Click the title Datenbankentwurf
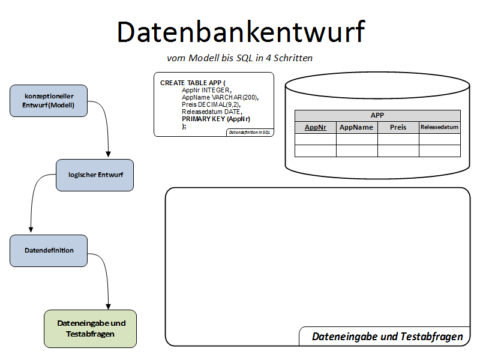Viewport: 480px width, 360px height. [x=240, y=32]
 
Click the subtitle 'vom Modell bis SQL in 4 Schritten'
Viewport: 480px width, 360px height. [x=239, y=58]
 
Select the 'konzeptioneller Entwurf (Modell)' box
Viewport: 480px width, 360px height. [x=49, y=100]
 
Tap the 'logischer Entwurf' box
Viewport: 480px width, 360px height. [x=95, y=175]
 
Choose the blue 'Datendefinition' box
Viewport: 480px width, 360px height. [x=49, y=250]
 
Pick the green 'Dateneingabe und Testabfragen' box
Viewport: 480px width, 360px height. [x=91, y=328]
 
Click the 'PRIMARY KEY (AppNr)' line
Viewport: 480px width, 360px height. [x=215, y=119]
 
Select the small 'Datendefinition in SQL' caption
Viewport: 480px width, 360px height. [x=250, y=132]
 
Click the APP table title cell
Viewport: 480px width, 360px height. [x=377, y=115]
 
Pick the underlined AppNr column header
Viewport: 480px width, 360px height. [x=316, y=127]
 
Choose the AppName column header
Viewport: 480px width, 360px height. [x=356, y=127]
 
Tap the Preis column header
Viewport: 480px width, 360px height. [x=398, y=127]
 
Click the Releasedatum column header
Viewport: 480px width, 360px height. [x=439, y=127]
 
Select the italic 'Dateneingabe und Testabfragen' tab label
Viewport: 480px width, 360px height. [x=387, y=337]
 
